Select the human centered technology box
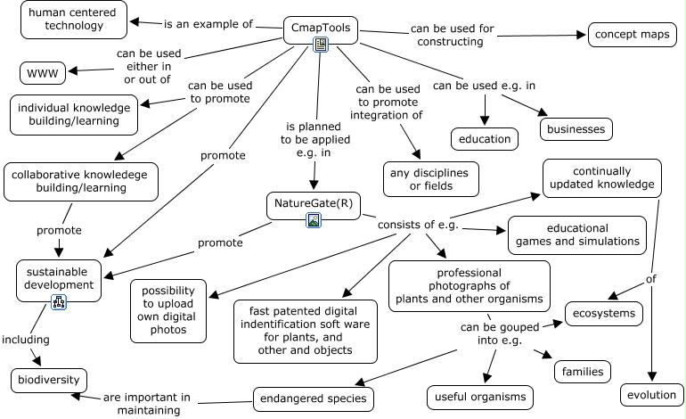74,20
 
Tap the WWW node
43,72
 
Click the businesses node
576,129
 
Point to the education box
486,138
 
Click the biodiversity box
49,381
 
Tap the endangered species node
312,399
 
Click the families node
584,371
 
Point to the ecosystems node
604,314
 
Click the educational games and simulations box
576,235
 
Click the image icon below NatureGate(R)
314,220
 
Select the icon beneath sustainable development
59,302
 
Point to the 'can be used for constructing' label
453,36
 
